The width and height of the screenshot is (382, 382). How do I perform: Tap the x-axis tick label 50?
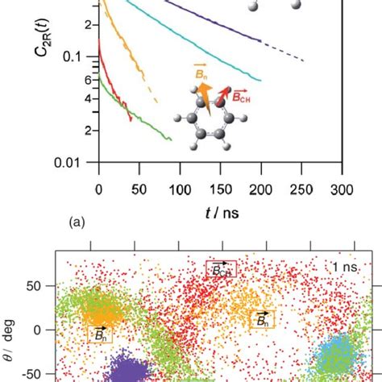136,189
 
